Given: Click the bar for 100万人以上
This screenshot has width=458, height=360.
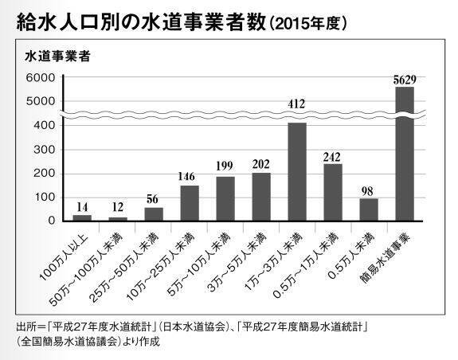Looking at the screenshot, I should coord(82,217).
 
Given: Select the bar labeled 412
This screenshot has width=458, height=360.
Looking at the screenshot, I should coord(297,171).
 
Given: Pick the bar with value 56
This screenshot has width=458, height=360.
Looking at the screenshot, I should coord(154,213).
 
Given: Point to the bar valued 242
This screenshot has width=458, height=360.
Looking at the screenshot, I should coord(333,192).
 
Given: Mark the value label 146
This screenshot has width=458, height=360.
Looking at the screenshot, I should coord(190,176).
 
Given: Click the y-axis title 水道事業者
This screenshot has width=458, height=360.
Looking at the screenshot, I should coord(56,56).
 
